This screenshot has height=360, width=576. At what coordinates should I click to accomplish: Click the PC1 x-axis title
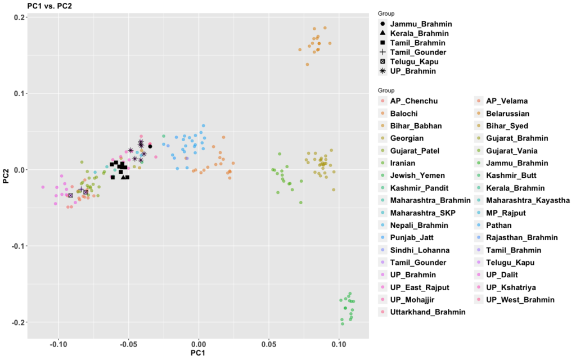click(198, 353)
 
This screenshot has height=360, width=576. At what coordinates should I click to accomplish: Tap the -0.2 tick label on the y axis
click(17, 322)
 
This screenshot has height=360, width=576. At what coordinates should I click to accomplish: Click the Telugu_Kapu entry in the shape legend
click(415, 61)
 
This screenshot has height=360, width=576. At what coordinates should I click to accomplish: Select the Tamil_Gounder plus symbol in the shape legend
click(383, 52)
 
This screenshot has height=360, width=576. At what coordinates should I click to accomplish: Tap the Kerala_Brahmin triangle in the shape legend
click(383, 33)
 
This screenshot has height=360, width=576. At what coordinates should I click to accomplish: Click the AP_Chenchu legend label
click(414, 101)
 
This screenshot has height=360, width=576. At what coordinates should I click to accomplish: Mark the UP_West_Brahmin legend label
click(520, 299)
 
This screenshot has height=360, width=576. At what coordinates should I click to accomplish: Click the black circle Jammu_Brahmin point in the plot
click(150, 146)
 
